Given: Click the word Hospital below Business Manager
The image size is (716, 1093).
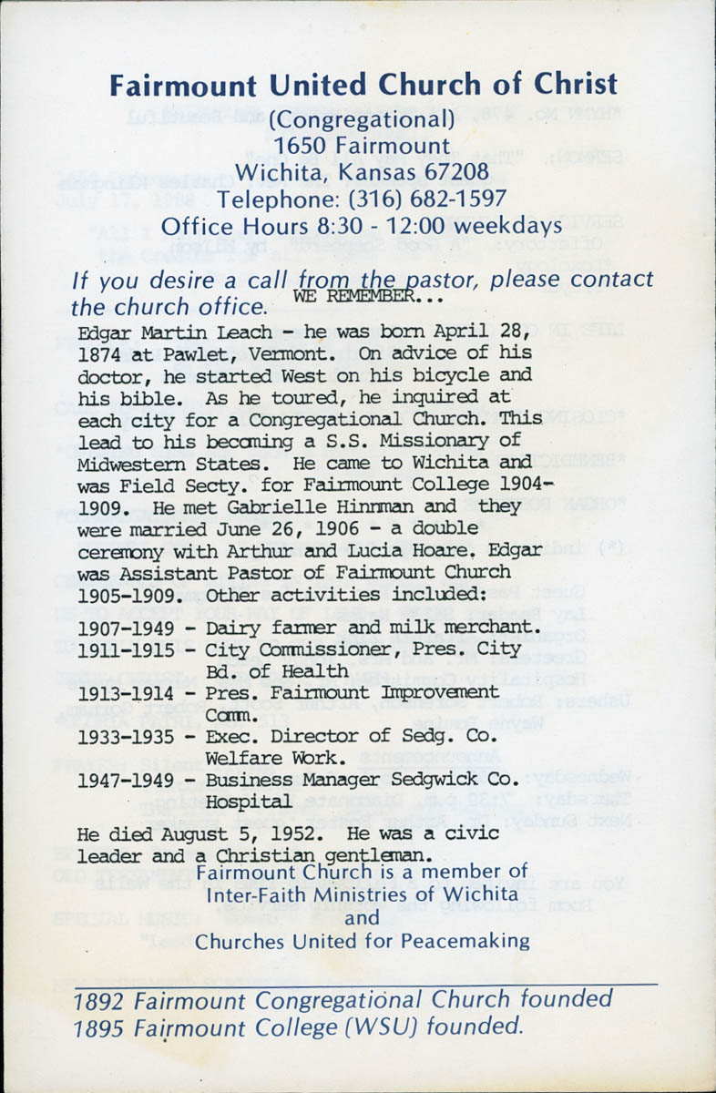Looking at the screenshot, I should pos(248,802).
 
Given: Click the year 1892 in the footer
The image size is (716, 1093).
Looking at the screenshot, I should pos(99,999).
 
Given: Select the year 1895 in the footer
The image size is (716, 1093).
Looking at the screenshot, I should pos(99,1027).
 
